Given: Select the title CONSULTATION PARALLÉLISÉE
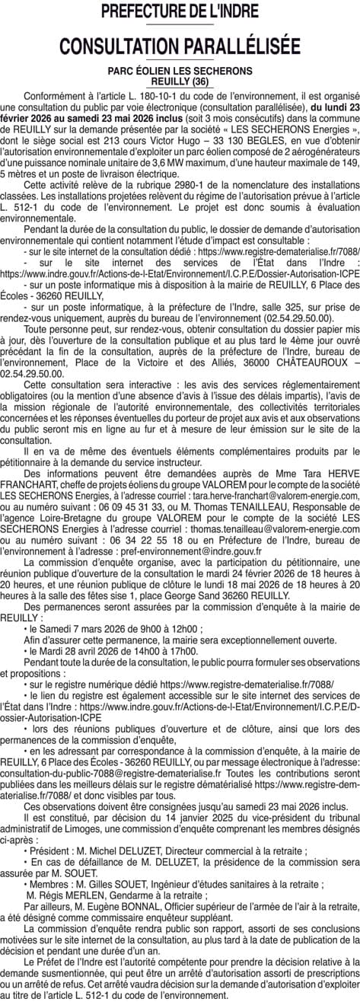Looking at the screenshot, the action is [180, 46].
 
